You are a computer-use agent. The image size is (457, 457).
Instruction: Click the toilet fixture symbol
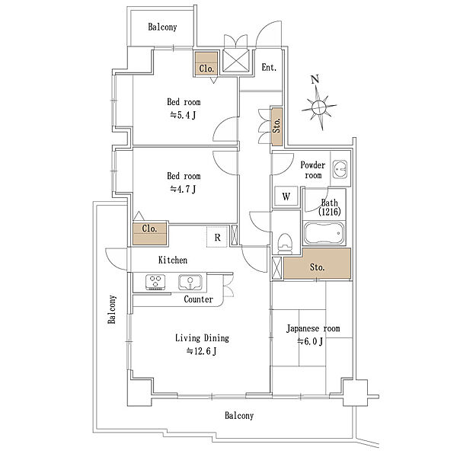(x=284, y=244)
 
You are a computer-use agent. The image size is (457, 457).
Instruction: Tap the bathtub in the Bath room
(x=324, y=233)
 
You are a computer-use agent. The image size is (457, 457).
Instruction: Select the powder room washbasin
(x=340, y=169)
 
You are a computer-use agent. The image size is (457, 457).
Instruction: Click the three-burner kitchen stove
(x=155, y=282)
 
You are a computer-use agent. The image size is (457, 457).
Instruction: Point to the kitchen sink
(x=190, y=282)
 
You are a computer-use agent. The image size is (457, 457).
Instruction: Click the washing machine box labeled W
(x=286, y=197)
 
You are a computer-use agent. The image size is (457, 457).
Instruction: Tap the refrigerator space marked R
(x=217, y=237)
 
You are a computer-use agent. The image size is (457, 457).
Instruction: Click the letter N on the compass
(x=315, y=79)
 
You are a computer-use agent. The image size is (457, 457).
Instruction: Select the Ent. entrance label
(x=269, y=68)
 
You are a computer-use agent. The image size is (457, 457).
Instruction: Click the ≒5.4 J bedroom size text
(x=183, y=116)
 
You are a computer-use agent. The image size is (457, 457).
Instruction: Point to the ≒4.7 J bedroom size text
(x=183, y=190)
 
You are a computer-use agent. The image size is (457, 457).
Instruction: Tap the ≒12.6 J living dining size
(x=202, y=351)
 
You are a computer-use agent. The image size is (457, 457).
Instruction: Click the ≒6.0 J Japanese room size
(x=310, y=341)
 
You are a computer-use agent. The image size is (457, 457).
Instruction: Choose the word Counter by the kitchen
(x=198, y=299)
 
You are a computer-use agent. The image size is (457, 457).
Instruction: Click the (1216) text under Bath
(x=329, y=212)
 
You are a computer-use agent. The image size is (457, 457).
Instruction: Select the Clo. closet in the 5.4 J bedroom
(x=206, y=64)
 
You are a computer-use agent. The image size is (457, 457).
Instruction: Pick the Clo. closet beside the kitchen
(x=150, y=234)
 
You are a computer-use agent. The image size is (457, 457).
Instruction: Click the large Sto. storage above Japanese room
(x=317, y=264)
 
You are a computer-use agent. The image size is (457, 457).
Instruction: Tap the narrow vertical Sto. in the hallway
(x=277, y=126)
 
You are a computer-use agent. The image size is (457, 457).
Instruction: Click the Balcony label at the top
(x=162, y=27)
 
